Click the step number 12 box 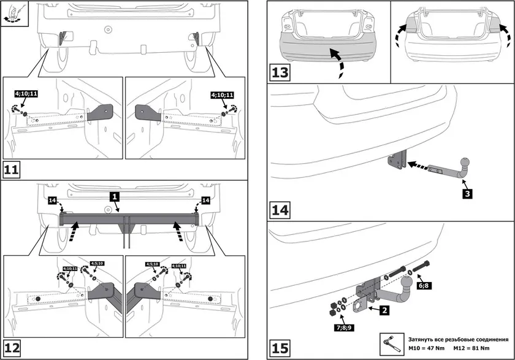click(12, 348)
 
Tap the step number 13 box click(280, 72)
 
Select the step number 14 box click(280, 210)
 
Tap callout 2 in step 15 click(383, 310)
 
